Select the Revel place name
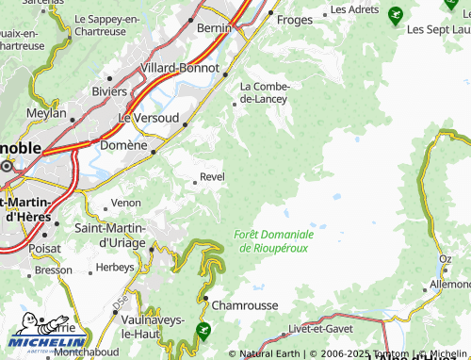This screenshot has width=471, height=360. [213, 177]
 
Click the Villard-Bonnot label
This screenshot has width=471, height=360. [179, 69]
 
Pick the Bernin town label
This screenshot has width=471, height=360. [216, 28]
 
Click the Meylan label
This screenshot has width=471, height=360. [48, 113]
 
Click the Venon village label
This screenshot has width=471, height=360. [126, 203]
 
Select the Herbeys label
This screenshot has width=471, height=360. [117, 267]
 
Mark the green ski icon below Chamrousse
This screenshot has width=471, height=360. [203, 330]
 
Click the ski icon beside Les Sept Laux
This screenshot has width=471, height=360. [394, 15]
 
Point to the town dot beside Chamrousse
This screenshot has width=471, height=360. [206, 299]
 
